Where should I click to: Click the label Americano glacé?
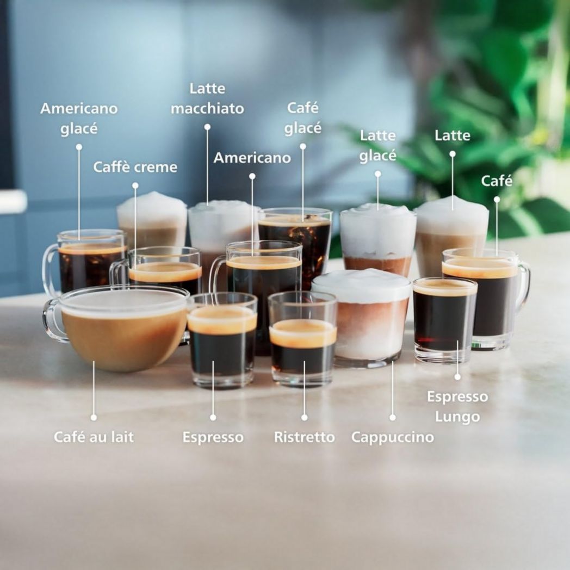(79, 119)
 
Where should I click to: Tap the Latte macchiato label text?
(207, 98)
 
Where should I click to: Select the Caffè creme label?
(135, 167)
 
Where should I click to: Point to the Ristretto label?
(304, 437)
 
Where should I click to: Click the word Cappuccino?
(392, 437)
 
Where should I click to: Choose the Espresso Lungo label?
(457, 407)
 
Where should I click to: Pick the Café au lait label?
(94, 437)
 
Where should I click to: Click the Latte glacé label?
(377, 145)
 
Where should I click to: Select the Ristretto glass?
(302, 340)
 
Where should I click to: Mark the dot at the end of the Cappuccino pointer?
(392, 417)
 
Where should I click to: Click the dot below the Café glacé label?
(303, 146)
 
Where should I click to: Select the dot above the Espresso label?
(213, 417)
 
